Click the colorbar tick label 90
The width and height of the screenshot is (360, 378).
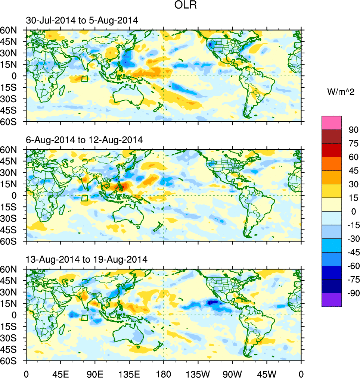tap(353, 130)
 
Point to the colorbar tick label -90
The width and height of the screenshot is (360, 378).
tap(352, 293)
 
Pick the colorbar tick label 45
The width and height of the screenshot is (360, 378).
tap(353, 171)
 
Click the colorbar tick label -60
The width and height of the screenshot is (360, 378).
tap(352, 266)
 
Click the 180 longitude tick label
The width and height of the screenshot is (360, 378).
tap(164, 373)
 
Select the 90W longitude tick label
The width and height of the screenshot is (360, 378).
tap(232, 373)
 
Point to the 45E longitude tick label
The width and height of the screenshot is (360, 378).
tap(60, 373)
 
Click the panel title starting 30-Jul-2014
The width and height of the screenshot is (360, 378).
tap(82, 21)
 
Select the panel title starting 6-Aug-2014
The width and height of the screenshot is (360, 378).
tap(84, 140)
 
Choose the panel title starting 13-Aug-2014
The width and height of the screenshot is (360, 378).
tap(87, 259)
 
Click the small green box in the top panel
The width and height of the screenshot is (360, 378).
tap(84, 79)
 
